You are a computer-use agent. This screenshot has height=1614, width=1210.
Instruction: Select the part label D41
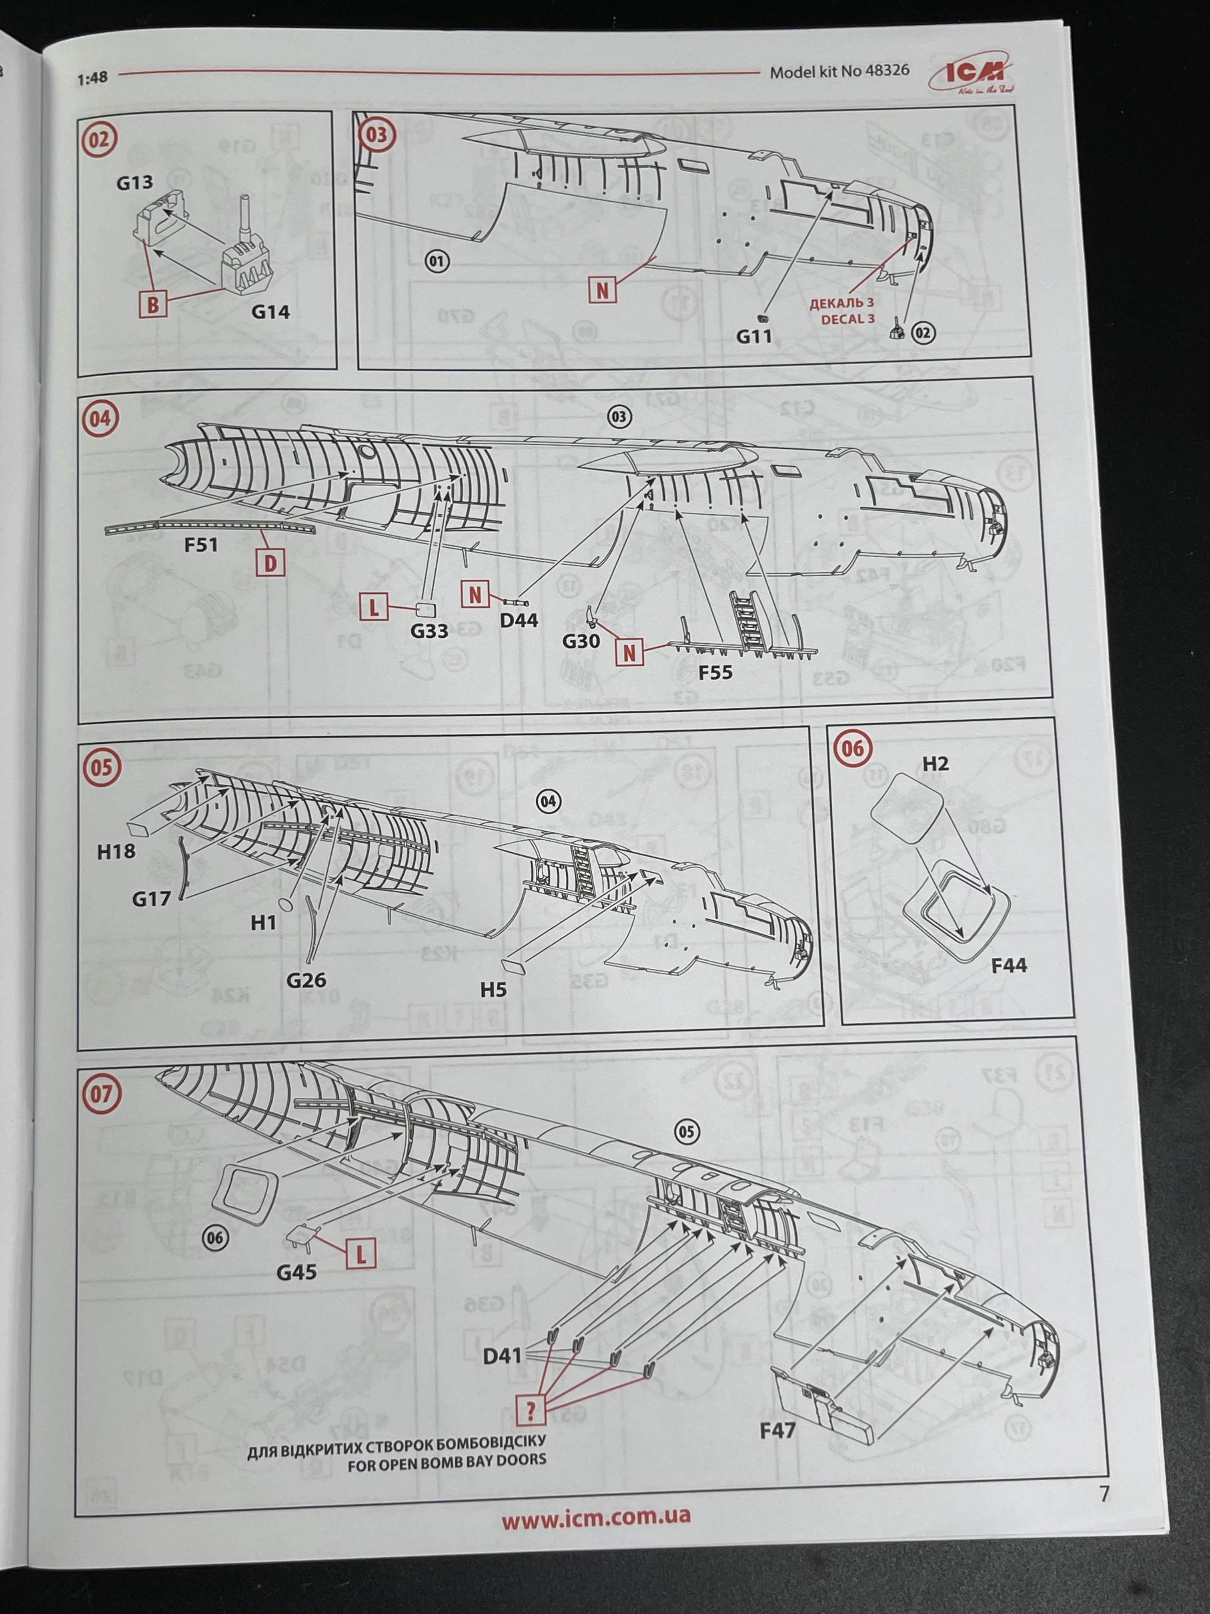coord(503,1356)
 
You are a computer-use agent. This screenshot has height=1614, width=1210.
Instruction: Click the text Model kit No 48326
coord(839,72)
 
